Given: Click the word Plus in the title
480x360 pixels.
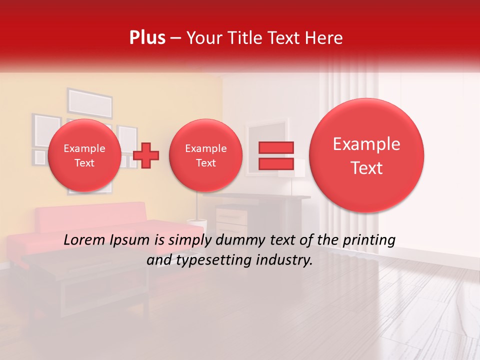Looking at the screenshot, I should pos(147,38).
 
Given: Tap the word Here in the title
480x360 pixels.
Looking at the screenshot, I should pos(324,38).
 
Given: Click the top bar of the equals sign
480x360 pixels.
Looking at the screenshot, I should pos(275,147).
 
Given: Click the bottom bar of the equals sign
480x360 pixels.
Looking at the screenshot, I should pos(275,163).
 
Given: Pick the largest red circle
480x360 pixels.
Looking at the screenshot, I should pos(366,155).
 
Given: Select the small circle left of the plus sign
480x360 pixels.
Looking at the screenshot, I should pos(84,155).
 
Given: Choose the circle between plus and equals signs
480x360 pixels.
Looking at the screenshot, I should pos(205,155).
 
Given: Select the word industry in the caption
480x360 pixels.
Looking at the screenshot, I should pos(287,260).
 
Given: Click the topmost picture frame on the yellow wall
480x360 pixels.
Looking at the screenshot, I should pos(90,103).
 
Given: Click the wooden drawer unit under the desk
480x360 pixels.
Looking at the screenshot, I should pos(231,220).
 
